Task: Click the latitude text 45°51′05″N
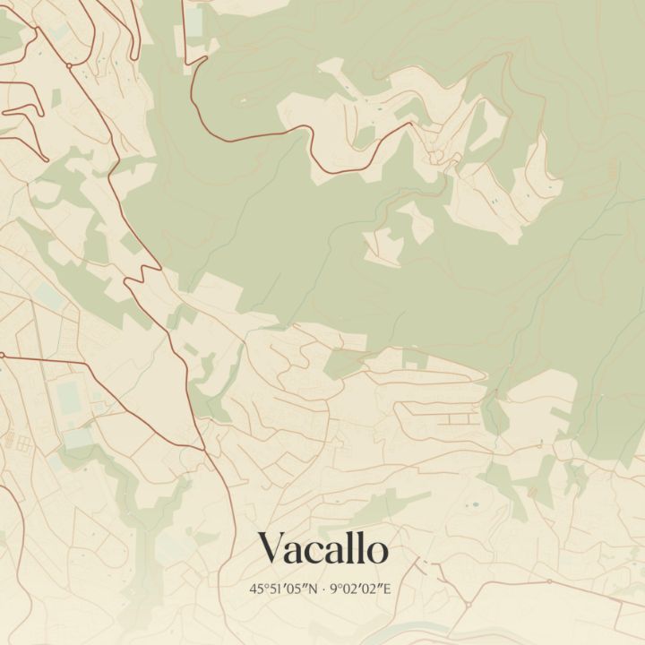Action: (286, 589)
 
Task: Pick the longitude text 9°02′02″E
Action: (362, 589)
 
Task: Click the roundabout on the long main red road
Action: (69, 65)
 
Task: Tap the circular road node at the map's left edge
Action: (2, 356)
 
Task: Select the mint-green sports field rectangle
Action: (67, 395)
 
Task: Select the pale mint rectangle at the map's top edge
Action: (195, 18)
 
